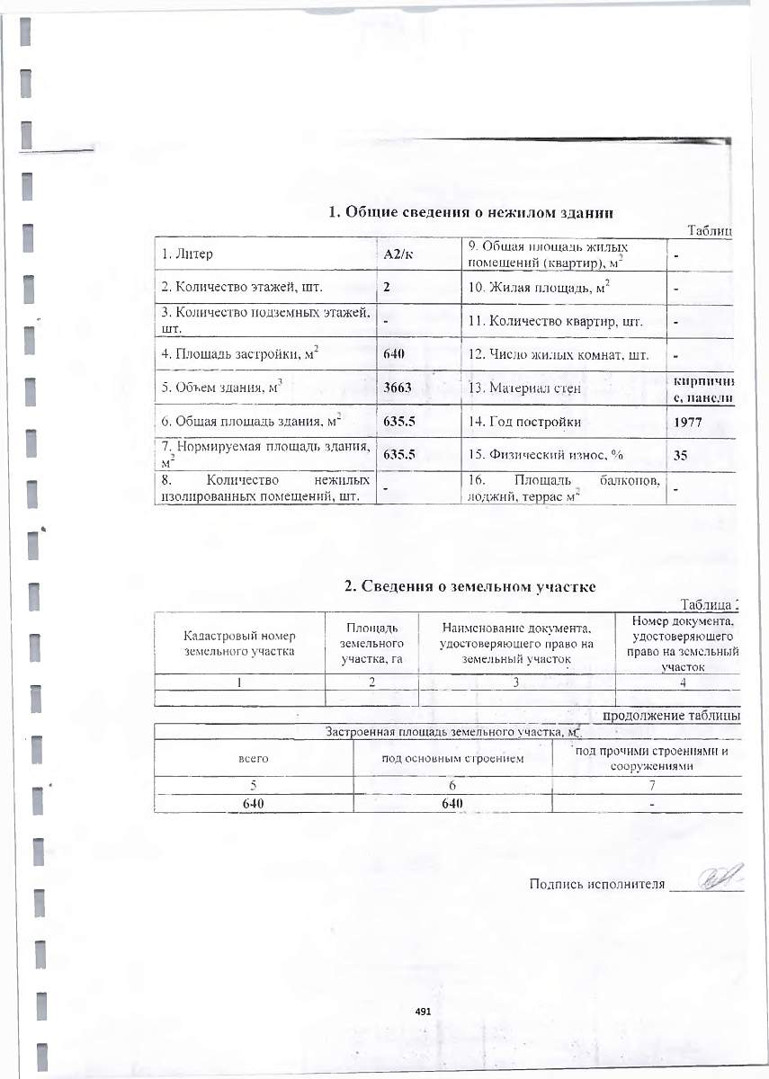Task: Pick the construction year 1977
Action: click(x=688, y=421)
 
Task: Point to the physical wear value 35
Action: click(x=681, y=455)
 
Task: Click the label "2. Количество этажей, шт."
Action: click(x=242, y=288)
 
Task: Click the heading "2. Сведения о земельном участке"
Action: click(x=471, y=586)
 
